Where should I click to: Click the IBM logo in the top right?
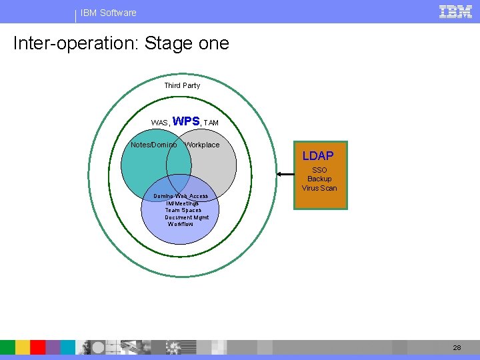click(x=456, y=11)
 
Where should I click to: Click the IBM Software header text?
click(x=108, y=13)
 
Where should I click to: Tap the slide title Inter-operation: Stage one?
click(x=121, y=44)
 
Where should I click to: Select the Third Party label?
click(x=182, y=85)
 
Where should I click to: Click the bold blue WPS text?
click(x=186, y=121)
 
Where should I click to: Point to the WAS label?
click(x=159, y=123)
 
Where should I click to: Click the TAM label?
click(x=211, y=123)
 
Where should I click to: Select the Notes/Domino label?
click(x=154, y=145)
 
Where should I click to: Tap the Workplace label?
click(x=202, y=145)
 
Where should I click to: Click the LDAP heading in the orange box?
click(x=318, y=156)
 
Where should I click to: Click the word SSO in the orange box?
click(x=319, y=170)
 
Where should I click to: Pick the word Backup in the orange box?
click(x=319, y=179)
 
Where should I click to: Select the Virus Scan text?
click(x=319, y=188)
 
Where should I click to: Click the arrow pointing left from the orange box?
click(x=286, y=175)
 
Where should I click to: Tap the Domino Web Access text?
click(x=181, y=196)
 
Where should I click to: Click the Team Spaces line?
click(x=183, y=210)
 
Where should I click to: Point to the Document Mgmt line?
click(x=187, y=217)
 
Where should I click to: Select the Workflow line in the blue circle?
click(x=181, y=224)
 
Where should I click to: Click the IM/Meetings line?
click(x=182, y=203)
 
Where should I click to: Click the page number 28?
click(x=457, y=347)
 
